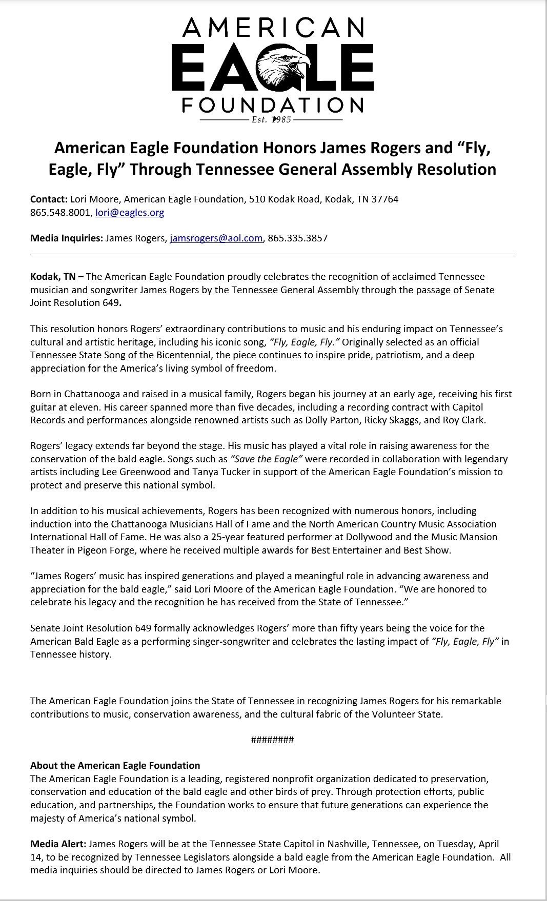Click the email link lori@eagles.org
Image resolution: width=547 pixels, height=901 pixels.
point(130,213)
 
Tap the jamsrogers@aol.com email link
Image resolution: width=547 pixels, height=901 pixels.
point(216,238)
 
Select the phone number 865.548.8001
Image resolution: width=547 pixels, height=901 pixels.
point(60,213)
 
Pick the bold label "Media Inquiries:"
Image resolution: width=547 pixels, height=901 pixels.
point(67,238)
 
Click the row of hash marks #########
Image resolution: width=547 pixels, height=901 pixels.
point(272,740)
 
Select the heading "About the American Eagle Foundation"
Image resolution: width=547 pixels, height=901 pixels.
point(115,766)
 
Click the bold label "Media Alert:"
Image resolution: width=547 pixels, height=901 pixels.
point(58,844)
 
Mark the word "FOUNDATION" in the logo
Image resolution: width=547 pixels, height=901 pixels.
point(273,106)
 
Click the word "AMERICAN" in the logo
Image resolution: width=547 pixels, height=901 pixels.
point(273,28)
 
